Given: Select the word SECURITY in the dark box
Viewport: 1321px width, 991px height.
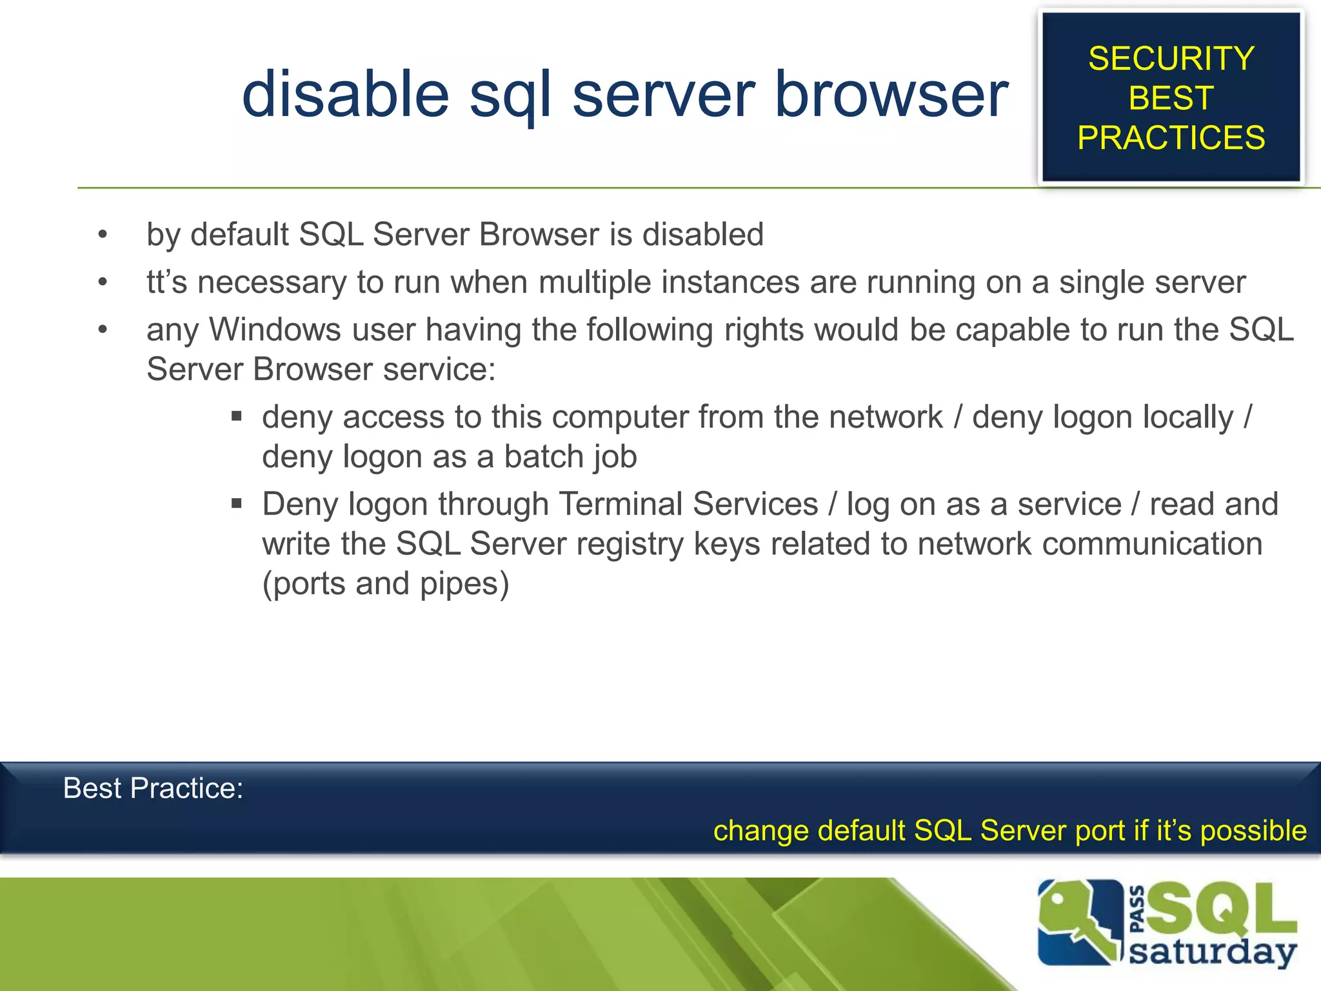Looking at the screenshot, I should point(1171,59).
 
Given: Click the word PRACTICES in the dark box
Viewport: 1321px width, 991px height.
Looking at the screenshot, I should point(1171,137).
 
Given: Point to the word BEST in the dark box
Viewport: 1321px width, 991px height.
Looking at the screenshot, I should point(1171,98).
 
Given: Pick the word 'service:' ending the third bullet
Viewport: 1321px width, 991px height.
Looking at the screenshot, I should point(439,369).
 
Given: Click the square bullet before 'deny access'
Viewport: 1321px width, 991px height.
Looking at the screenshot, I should point(237,416).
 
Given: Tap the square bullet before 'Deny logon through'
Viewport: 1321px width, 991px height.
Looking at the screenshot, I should point(237,503).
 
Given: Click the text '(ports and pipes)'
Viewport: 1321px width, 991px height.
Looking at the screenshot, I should point(386,583).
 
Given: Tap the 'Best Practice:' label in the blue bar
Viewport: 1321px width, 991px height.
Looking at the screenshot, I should point(154,788).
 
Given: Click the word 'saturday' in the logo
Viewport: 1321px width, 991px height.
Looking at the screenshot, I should point(1213,952).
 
